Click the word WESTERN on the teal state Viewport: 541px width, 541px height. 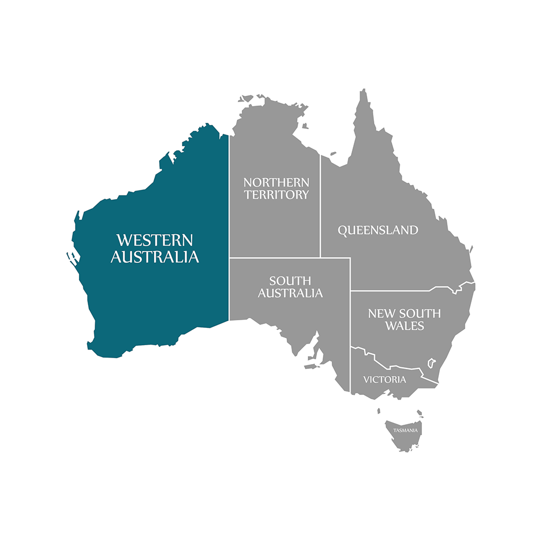[155, 240]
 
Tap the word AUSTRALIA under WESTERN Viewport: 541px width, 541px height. [155, 257]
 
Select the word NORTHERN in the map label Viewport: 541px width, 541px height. [276, 182]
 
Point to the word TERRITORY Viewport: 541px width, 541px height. [276, 195]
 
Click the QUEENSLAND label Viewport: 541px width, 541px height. [378, 230]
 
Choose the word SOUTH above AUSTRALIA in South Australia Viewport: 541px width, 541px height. [290, 281]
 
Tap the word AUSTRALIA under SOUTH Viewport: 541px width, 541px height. [290, 293]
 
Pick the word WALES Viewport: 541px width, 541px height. [405, 326]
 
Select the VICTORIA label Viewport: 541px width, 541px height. [385, 379]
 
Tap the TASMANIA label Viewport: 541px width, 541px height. [405, 431]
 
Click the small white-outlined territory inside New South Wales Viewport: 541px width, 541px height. [432, 362]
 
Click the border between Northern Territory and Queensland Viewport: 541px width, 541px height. [320, 206]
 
